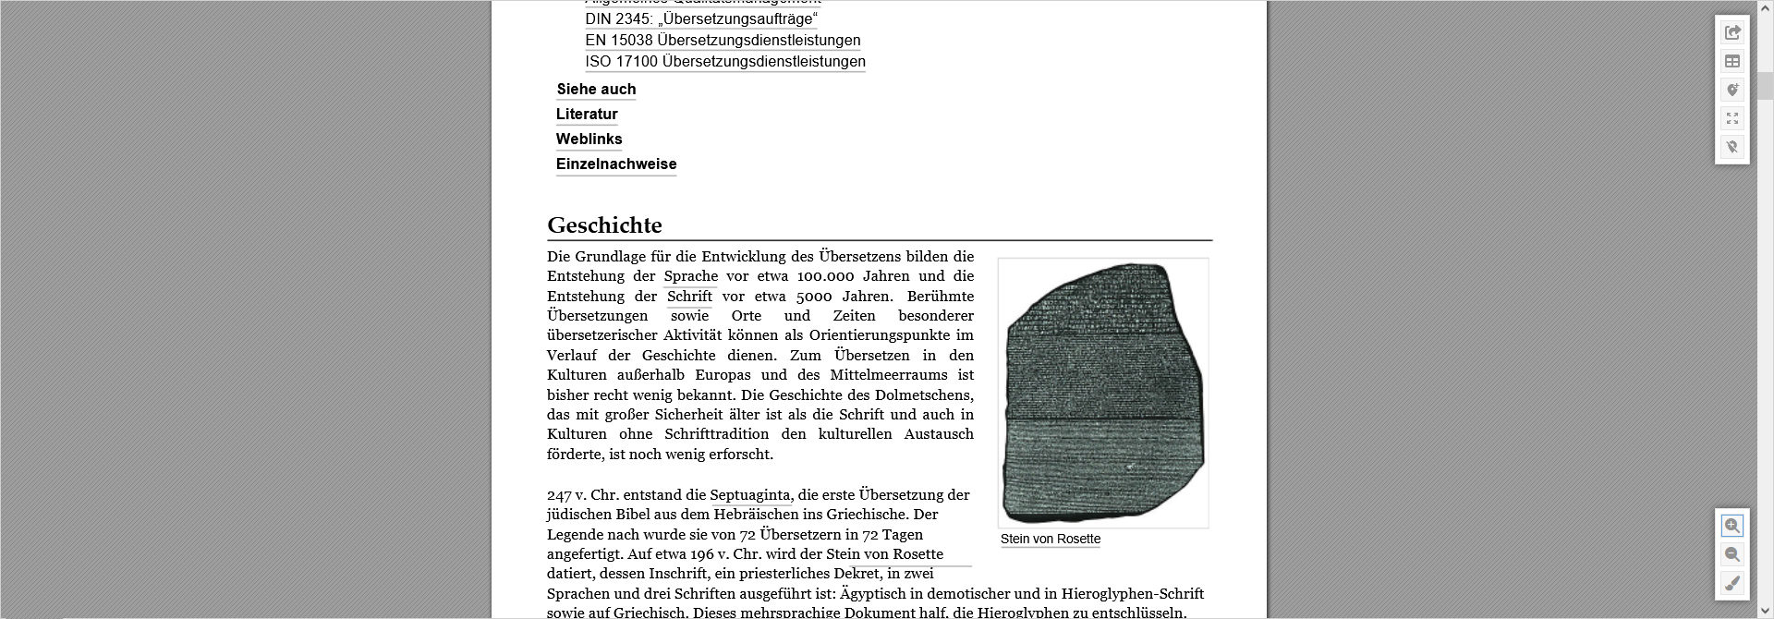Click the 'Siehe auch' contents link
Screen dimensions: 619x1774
tap(596, 90)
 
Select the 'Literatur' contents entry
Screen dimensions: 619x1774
tap(587, 115)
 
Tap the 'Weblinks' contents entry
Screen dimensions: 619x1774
tap(589, 140)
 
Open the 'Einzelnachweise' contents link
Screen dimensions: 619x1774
tap(616, 164)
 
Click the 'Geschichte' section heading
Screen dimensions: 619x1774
tap(604, 225)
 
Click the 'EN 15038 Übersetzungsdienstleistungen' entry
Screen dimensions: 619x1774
tap(723, 41)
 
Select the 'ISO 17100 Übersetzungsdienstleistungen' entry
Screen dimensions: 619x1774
tap(725, 62)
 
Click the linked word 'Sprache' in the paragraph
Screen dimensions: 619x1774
tap(690, 276)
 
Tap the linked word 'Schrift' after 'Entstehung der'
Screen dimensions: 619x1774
tap(689, 297)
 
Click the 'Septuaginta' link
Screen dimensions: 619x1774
tap(749, 495)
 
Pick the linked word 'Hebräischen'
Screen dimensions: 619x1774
tap(756, 515)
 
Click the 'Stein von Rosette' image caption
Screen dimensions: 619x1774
tap(1051, 540)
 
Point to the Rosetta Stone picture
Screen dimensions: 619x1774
tap(1103, 393)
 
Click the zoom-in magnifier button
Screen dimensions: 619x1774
tap(1731, 526)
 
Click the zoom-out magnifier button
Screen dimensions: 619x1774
tap(1731, 554)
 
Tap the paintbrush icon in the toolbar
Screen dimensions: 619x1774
tap(1731, 583)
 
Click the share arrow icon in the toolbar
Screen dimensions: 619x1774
tap(1732, 32)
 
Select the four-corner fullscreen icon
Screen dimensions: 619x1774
tap(1732, 118)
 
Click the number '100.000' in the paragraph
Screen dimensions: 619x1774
tap(825, 276)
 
